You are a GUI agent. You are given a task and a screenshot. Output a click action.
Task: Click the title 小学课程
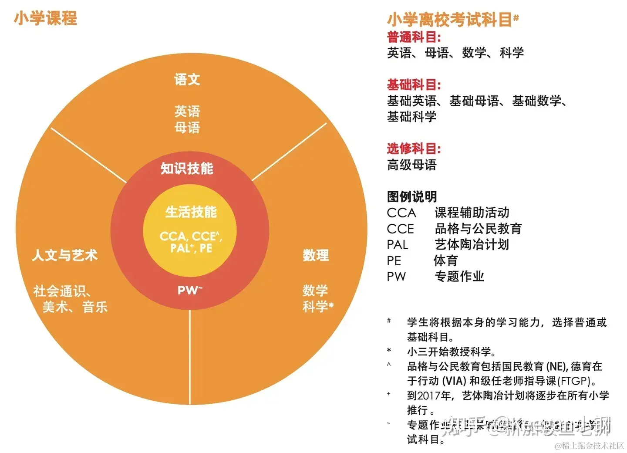coord(45,18)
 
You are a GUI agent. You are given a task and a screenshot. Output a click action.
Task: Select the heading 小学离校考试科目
coord(449,19)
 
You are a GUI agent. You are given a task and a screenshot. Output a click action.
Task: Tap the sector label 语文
coord(187,79)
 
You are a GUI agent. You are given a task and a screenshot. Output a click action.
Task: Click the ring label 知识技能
coord(187,168)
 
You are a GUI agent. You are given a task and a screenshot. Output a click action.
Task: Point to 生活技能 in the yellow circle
coord(191,212)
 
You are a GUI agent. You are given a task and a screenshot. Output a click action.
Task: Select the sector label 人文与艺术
coord(64,255)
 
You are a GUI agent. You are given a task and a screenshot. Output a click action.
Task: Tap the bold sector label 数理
coord(316,255)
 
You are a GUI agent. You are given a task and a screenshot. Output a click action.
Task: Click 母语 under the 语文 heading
coord(187,128)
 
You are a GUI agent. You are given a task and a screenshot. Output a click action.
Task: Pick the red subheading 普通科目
coord(414,37)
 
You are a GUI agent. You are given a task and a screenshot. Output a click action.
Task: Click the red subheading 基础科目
coord(414,85)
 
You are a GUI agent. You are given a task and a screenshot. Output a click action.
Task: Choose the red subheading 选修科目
coord(414,149)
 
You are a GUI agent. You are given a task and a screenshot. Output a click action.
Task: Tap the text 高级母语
coord(411,165)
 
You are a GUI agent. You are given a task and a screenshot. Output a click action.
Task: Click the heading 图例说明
coord(411,196)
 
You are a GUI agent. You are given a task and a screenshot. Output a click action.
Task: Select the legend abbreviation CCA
coord(401,213)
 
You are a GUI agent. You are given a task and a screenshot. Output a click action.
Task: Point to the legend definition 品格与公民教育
coord(478,229)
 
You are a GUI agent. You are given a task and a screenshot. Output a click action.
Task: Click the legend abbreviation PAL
coord(397,245)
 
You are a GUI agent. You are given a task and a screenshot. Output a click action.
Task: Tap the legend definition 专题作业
coord(459,276)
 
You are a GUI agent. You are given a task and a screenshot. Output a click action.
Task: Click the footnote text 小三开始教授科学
coord(451,352)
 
